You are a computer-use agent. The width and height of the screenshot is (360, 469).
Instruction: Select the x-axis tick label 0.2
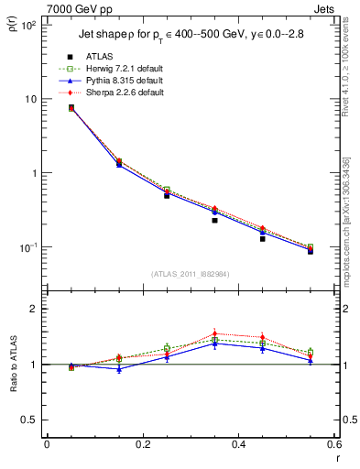pos(143,443)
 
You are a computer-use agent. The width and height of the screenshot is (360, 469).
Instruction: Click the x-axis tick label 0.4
pos(238,443)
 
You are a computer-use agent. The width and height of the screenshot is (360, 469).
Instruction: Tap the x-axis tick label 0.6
pos(334,443)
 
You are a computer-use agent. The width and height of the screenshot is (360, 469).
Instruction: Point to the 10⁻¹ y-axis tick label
pos(29,248)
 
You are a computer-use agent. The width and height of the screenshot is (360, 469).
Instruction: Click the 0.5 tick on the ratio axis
pos(30,420)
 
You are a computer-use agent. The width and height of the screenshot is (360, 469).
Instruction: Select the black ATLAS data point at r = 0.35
pos(214,220)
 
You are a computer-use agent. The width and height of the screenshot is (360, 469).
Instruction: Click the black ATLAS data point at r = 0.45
pos(262,238)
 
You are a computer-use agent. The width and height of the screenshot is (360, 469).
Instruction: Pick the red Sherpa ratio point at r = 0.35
pos(214,333)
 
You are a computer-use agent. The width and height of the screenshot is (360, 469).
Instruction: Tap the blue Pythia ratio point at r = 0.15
pos(119,368)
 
